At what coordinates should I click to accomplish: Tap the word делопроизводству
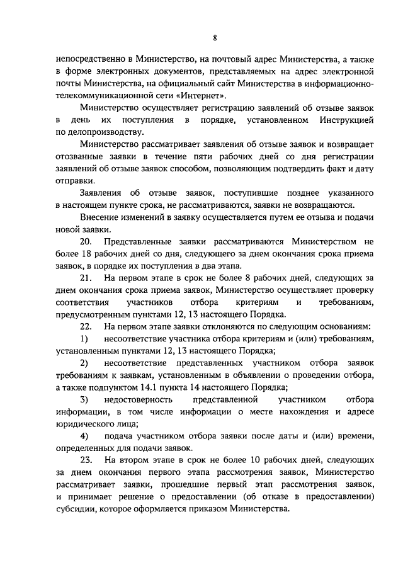coord(100,132)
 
